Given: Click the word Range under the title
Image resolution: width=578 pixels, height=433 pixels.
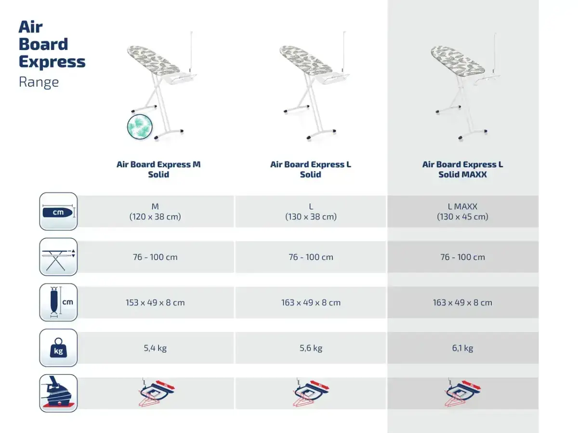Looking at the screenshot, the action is click(39, 82).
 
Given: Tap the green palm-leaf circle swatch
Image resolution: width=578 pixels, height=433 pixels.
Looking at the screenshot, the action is click(140, 127).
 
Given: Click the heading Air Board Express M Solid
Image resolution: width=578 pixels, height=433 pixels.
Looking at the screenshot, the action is click(158, 169).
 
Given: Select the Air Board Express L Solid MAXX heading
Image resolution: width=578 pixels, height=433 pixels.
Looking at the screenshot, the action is click(462, 169).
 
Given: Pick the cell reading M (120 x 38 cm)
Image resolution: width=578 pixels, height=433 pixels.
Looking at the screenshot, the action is click(155, 211).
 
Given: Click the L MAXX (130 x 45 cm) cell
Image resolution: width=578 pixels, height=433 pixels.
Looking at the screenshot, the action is click(462, 211).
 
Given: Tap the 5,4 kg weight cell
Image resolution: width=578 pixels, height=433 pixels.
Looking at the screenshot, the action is click(155, 348).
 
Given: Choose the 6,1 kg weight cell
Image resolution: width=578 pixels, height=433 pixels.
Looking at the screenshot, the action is click(462, 348).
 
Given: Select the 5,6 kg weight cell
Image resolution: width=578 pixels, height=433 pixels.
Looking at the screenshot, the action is click(311, 348).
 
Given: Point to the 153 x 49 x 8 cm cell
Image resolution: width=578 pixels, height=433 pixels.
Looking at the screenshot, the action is click(155, 303).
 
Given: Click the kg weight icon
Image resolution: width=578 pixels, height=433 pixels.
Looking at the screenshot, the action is click(58, 347).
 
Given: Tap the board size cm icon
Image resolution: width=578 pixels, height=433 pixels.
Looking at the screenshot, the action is click(58, 211).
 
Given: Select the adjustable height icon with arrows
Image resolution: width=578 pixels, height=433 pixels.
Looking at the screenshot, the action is click(58, 257).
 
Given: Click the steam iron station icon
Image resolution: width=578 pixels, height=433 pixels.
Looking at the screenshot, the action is click(58, 393).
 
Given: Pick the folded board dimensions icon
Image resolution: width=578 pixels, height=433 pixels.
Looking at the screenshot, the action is click(58, 302).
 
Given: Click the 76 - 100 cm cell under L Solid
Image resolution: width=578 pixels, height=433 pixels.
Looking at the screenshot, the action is click(311, 257).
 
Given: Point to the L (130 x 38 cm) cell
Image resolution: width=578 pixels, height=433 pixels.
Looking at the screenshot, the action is click(311, 211).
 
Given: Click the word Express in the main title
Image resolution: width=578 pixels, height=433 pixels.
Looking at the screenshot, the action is click(52, 62).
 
